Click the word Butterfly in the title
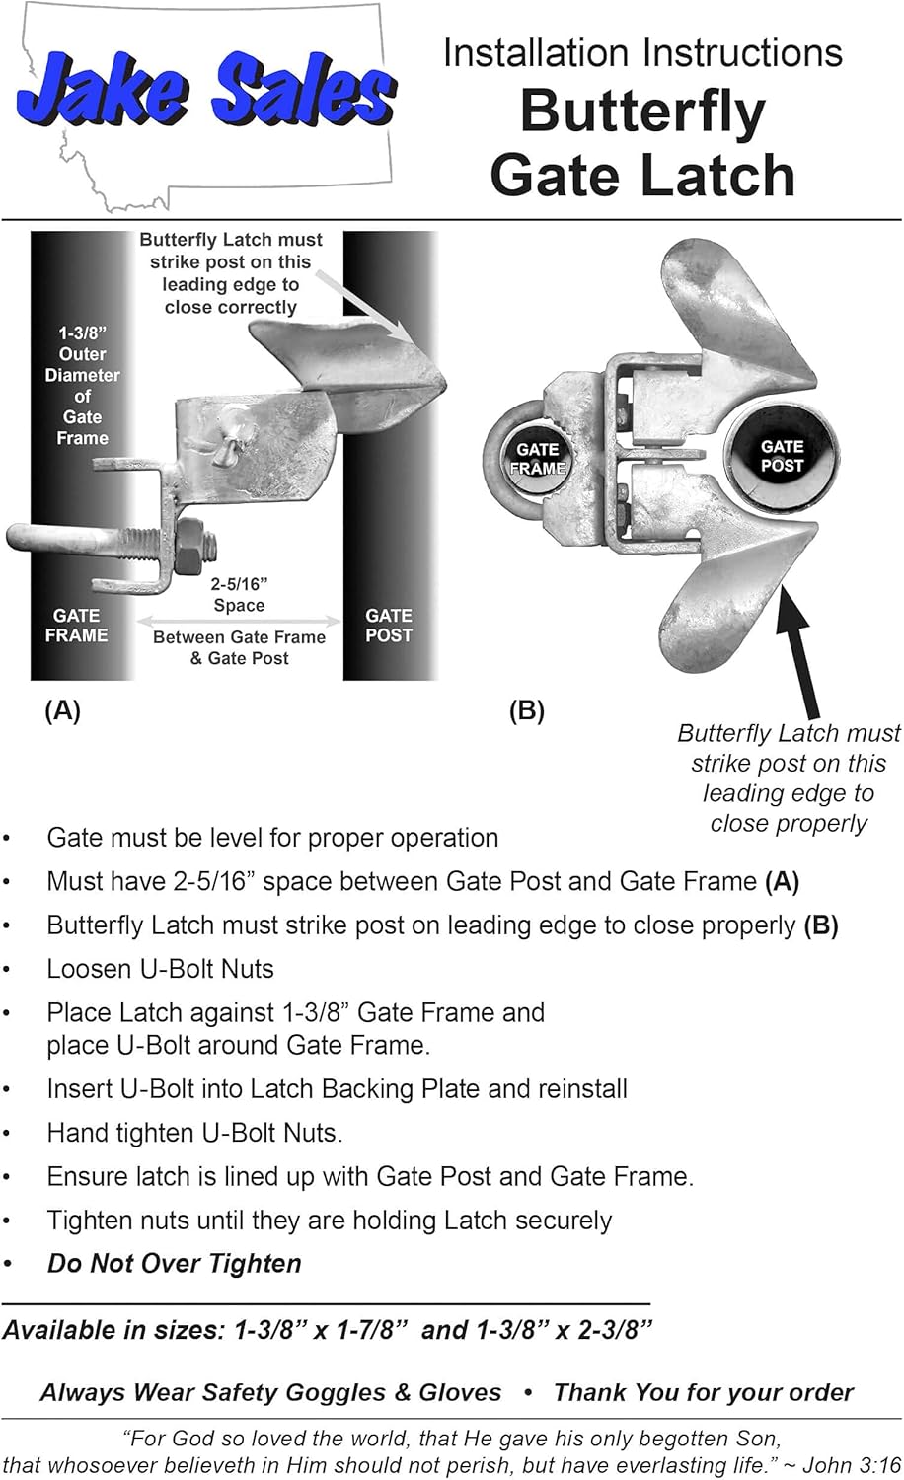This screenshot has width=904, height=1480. pos(642,111)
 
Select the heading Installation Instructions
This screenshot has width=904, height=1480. pos(642,52)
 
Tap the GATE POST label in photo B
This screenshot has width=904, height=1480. pos(782,456)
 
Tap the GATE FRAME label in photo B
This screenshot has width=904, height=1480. pos(537,459)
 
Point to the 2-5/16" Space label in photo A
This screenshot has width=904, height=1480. pos(239,595)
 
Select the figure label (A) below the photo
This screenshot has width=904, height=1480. pos(62,710)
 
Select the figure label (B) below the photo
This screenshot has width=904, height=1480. pos(526,710)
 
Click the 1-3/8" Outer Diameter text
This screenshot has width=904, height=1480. pos(82,385)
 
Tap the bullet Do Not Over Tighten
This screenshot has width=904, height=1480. pos(175,1264)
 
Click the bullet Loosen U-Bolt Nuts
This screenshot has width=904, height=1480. pos(160,969)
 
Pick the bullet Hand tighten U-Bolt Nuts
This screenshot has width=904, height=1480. pos(194,1133)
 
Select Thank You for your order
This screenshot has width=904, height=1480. pos(703,1392)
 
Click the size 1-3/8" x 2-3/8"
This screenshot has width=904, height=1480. pos(564,1330)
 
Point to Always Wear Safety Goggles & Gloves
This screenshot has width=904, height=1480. pos(270,1392)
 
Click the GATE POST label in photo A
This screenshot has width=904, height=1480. pos(388,626)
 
